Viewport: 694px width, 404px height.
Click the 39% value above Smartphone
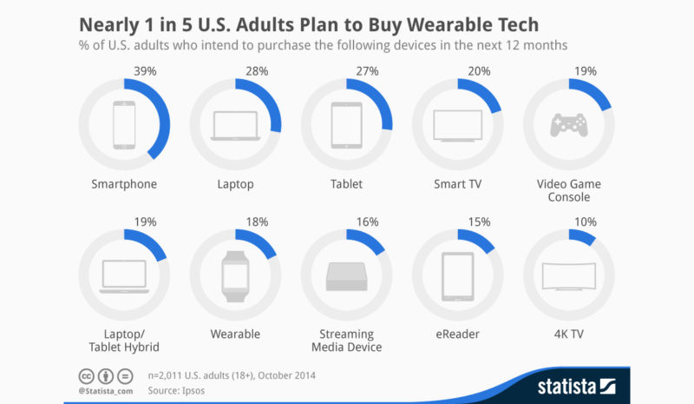145,70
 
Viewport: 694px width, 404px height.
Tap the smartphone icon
124,125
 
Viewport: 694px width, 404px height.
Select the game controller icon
568,125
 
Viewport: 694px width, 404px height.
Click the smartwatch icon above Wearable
235,275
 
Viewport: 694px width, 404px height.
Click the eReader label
457,334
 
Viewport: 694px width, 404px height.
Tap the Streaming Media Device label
346,341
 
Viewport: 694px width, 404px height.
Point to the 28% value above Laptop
256,70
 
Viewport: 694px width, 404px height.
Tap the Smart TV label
457,184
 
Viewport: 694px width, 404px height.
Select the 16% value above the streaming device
367,222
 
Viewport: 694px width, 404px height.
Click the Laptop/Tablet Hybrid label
124,341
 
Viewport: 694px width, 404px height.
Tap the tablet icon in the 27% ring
346,125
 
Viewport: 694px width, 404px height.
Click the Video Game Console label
568,190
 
